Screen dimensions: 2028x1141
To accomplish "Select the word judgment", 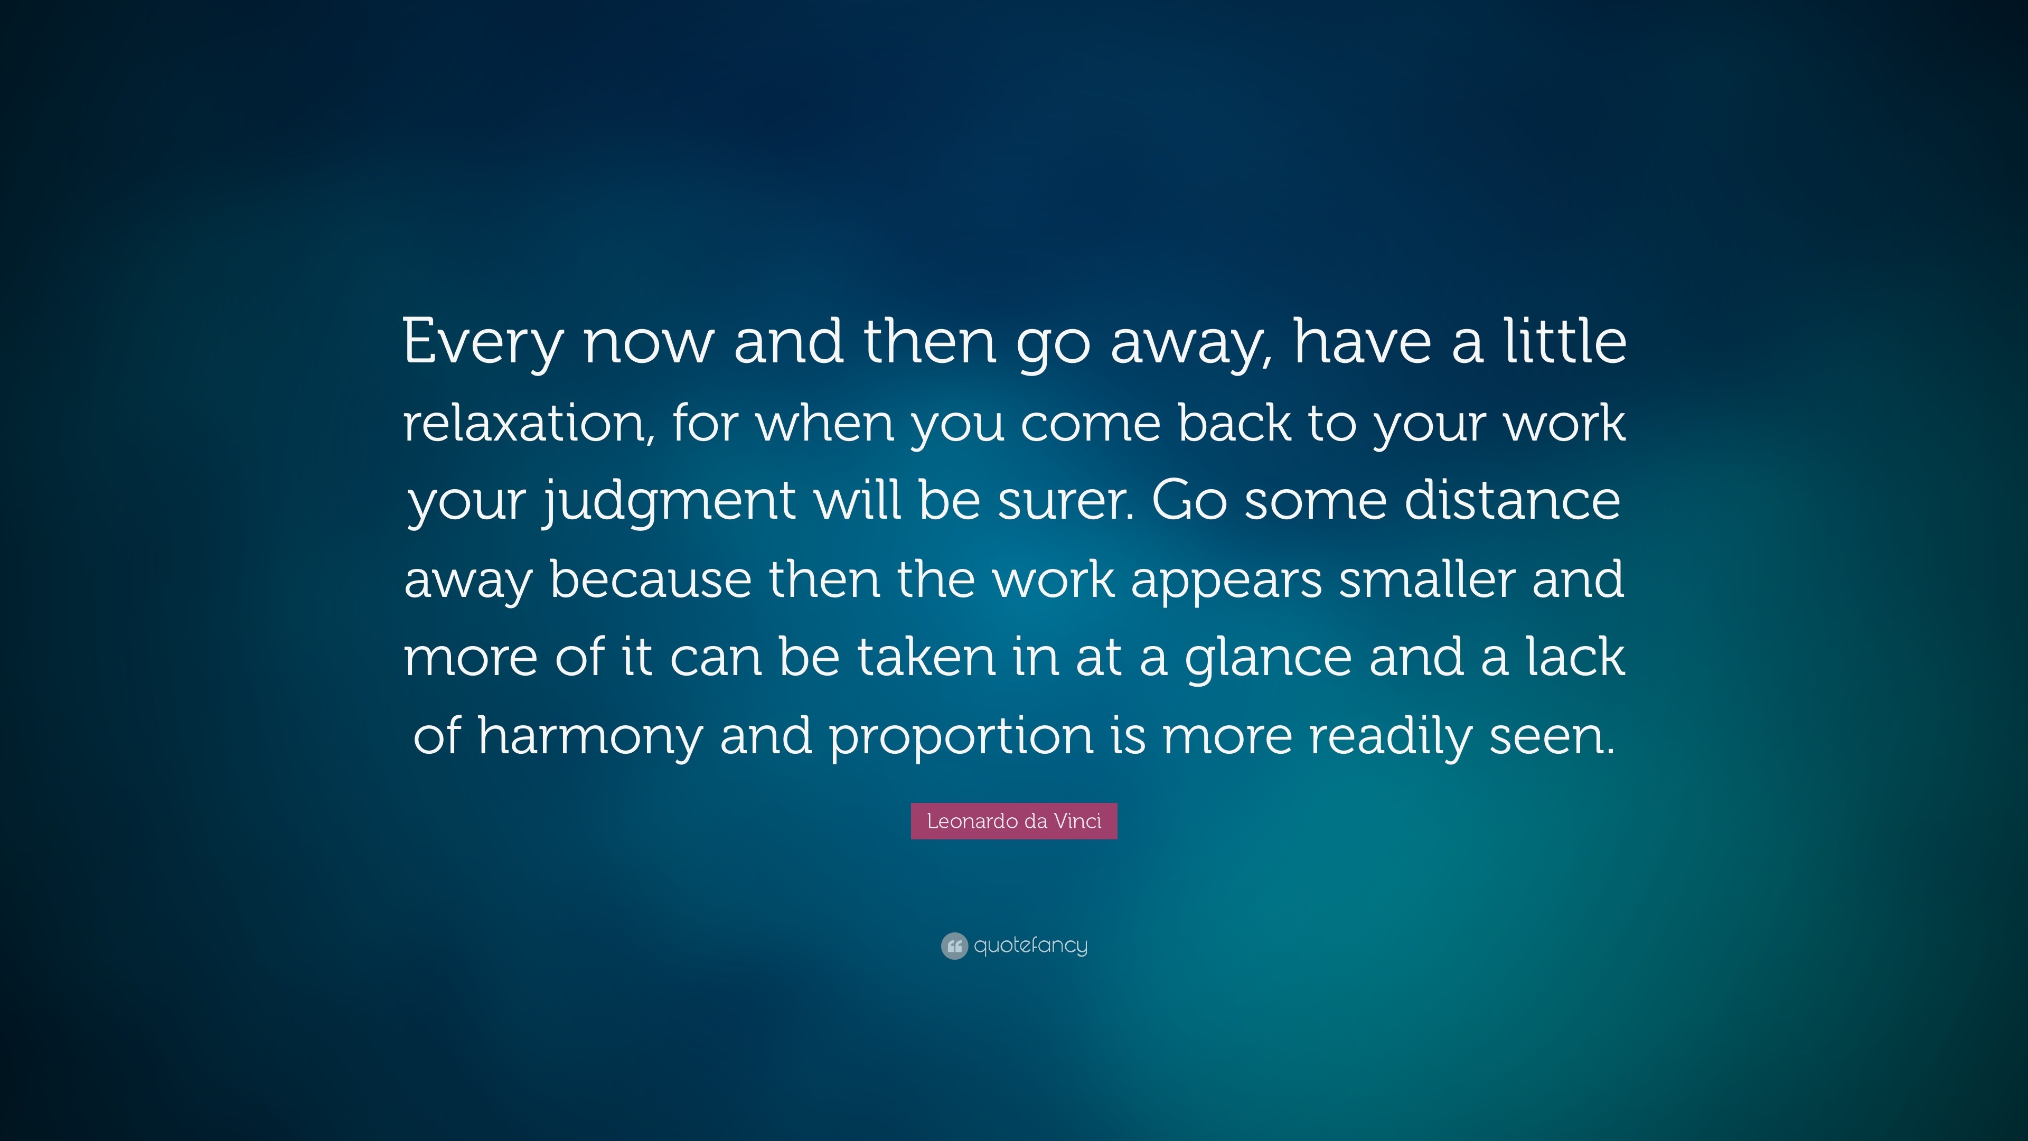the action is tap(669, 502).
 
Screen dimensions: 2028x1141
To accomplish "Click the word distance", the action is tap(1513, 499).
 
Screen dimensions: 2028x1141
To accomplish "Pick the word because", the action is tap(650, 578).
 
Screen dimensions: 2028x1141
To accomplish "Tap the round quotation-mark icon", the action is tap(954, 946).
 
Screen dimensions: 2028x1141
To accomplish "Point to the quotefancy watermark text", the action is tap(1030, 945).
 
